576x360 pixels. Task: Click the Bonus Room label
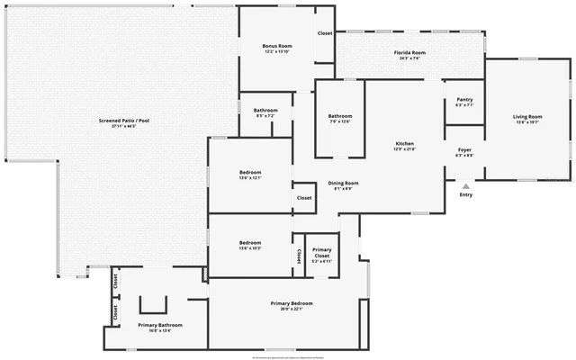click(x=277, y=46)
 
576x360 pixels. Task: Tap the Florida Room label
click(x=409, y=53)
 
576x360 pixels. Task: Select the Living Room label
click(x=527, y=116)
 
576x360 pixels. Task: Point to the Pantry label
click(x=464, y=99)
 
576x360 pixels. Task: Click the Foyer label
click(x=464, y=149)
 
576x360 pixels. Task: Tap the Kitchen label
click(x=405, y=144)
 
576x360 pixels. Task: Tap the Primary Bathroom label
click(x=160, y=324)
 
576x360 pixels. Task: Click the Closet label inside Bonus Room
click(x=325, y=33)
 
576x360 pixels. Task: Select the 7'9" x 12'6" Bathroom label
click(x=340, y=115)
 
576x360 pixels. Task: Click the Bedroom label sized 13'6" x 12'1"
click(x=250, y=172)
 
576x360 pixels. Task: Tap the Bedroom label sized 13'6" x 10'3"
click(x=250, y=242)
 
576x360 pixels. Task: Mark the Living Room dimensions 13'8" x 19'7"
click(x=527, y=121)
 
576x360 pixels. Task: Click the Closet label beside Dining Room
click(x=304, y=198)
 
